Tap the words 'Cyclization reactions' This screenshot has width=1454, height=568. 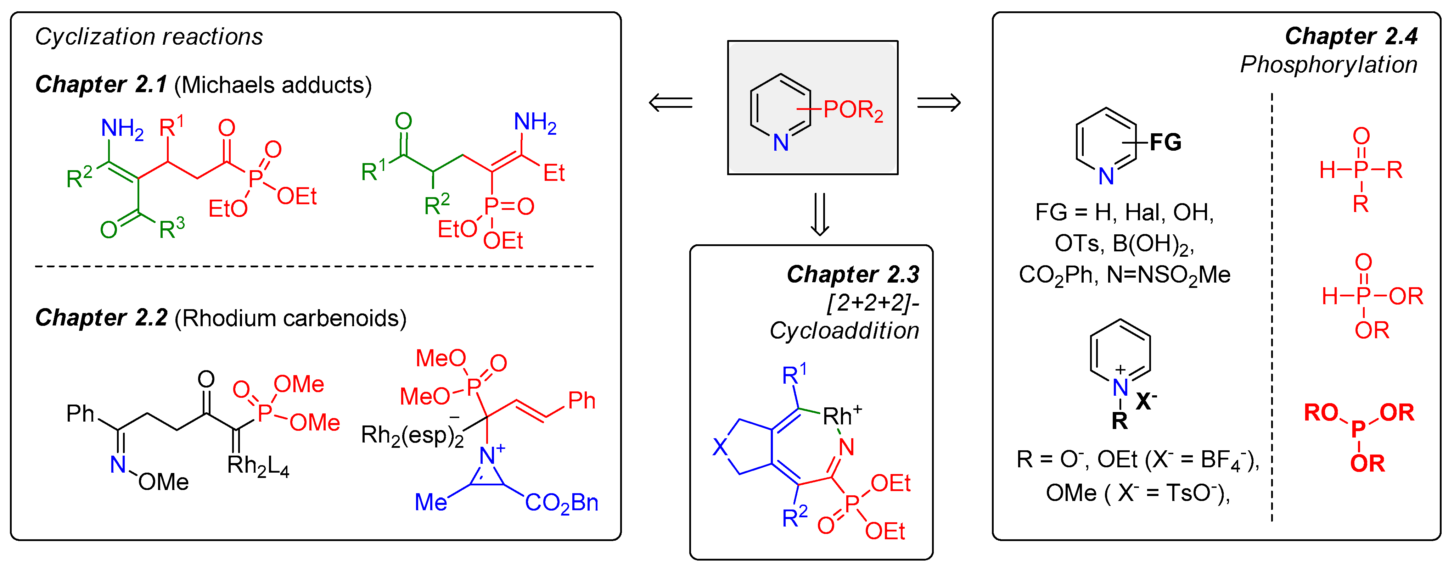click(149, 37)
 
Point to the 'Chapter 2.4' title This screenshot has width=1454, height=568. click(1351, 36)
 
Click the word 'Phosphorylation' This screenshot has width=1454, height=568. click(1328, 65)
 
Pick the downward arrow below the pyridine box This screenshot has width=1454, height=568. click(820, 214)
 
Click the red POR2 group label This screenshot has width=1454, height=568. click(852, 110)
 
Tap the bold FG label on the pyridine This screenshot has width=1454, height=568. click(1165, 142)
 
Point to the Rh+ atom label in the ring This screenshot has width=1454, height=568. click(841, 416)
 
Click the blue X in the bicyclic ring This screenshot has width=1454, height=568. click(720, 447)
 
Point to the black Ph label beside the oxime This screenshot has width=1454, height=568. click(80, 414)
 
